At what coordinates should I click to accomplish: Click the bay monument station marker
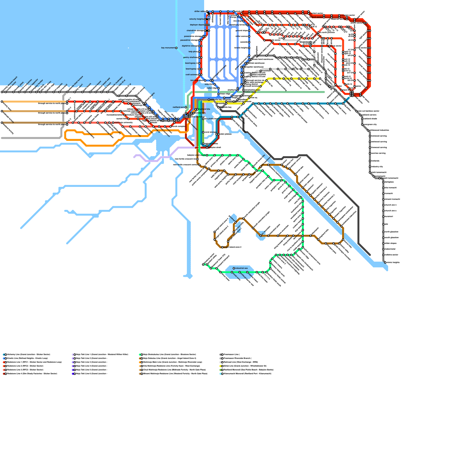coord(176,48)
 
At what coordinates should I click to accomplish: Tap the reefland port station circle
coord(186,107)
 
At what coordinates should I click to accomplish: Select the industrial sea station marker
coord(234,268)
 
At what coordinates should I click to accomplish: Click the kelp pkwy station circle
coord(199,52)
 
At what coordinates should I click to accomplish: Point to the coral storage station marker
coord(203,132)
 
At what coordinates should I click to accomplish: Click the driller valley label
coord(200,11)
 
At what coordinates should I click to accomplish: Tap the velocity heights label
coord(196,19)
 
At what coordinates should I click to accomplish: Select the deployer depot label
coord(197,25)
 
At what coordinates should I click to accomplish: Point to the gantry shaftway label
coord(190,57)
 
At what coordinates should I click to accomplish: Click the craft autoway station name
coord(191,75)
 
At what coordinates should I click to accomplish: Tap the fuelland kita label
coord(204,109)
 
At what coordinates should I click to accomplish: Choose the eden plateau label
coord(225,134)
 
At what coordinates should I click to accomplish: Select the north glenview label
coord(392,232)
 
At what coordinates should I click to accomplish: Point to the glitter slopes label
coord(391,243)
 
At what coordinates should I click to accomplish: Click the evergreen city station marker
coord(363,125)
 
